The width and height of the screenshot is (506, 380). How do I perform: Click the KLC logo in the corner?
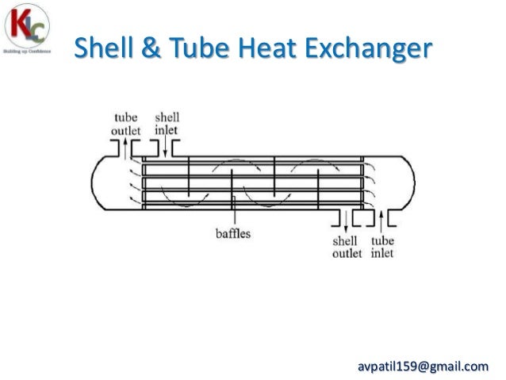coord(29,30)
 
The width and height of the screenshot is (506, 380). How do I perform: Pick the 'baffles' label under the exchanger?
coord(235,234)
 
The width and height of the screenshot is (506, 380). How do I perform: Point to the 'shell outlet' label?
coord(346,247)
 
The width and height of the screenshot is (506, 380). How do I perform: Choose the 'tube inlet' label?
coord(382,247)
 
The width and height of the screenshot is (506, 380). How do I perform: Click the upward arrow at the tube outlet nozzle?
coord(125,147)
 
